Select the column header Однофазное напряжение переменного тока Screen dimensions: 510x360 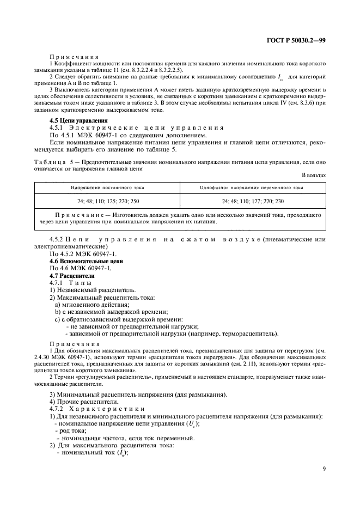251,187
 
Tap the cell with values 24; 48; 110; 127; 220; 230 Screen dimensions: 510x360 251,201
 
